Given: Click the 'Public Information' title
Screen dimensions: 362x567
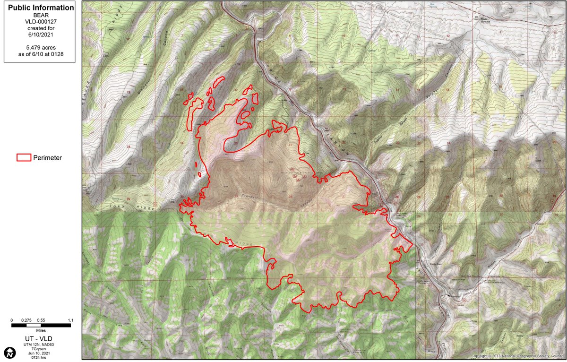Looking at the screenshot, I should point(41,8).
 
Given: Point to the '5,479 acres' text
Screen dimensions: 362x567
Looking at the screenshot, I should point(41,47).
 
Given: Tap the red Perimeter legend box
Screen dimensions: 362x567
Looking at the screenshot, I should point(24,158).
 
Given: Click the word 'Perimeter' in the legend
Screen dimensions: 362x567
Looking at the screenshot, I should point(47,158).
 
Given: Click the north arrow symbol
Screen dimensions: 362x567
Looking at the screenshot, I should point(9,352).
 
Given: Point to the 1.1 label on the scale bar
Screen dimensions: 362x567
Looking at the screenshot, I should point(70,320).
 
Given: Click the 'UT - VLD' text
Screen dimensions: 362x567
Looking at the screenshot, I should point(41,339).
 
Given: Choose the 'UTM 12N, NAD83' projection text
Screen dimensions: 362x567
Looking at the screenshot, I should point(41,345).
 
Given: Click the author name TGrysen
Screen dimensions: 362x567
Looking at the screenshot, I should point(41,349).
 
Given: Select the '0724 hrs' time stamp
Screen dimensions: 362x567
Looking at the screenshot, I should point(41,358).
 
